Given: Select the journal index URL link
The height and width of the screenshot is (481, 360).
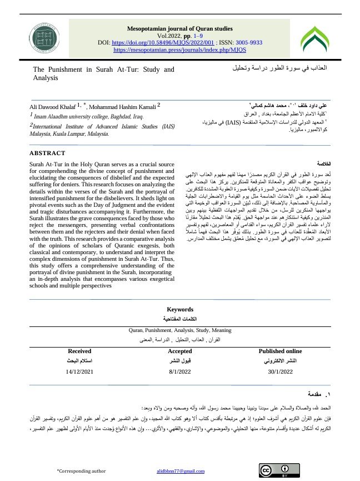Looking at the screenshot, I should click(x=179, y=49).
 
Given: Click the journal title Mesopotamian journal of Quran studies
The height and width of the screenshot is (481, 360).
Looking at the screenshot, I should click(x=179, y=27).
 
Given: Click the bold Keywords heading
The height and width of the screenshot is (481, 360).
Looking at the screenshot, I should click(x=180, y=310).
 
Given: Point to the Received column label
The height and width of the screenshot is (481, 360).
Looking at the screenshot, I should click(x=79, y=351).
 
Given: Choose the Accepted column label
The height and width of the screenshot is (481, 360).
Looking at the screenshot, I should click(x=180, y=351).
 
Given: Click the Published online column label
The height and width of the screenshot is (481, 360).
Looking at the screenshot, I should click(x=281, y=351).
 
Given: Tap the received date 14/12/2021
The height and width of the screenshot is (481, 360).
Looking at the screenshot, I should click(x=80, y=370).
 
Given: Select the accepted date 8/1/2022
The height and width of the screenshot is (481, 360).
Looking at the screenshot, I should click(x=180, y=370).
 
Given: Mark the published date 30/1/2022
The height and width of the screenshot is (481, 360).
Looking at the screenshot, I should click(x=281, y=370).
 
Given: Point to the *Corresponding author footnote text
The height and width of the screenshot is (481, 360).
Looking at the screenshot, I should click(x=81, y=472).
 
